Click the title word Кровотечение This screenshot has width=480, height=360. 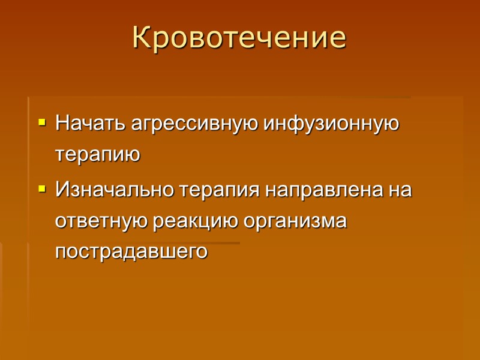pos(239,37)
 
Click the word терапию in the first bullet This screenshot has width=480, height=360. pos(97,155)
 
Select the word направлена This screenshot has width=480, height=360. pos(322,191)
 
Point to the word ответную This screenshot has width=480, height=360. pos(101,221)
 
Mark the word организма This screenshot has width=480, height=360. pos(296,221)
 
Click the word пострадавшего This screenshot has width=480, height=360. pos(131,251)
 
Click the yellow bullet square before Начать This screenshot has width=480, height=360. pos(41,122)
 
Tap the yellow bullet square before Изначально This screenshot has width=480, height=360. pos(41,189)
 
